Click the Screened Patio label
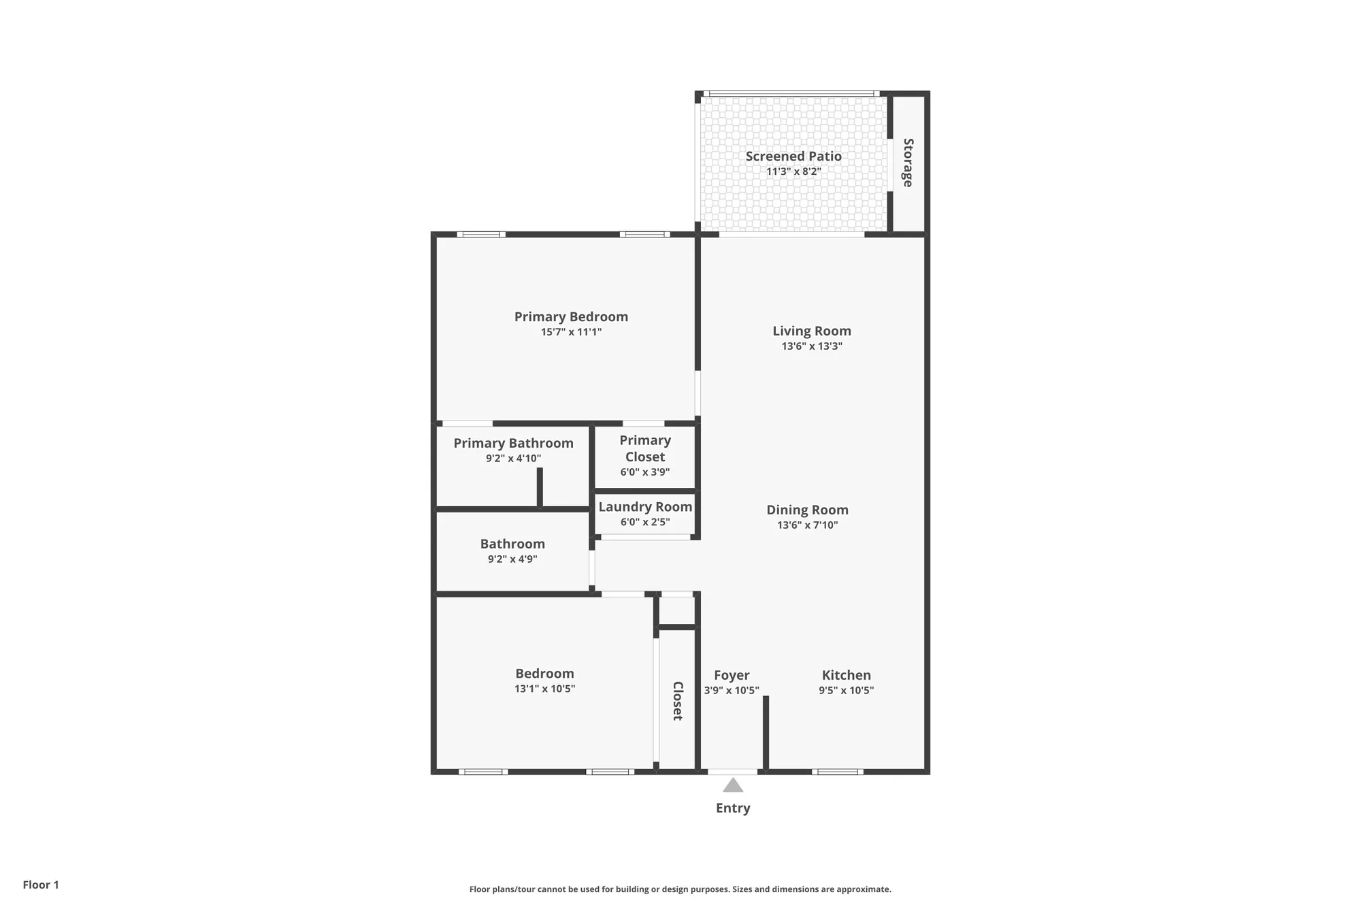click(x=793, y=156)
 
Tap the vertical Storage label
click(x=908, y=163)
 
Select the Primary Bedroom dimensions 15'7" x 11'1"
click(x=571, y=332)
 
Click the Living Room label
click(x=811, y=331)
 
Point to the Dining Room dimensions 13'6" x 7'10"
click(x=807, y=525)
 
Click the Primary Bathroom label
click(x=513, y=443)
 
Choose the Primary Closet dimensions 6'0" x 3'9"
click(x=644, y=472)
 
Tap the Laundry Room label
click(x=645, y=507)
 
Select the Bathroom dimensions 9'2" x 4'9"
click(x=512, y=559)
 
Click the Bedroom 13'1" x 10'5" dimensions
click(x=544, y=689)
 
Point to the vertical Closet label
click(x=678, y=701)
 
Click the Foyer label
click(x=732, y=675)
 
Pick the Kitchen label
click(x=846, y=675)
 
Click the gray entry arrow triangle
click(x=733, y=786)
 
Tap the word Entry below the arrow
click(x=733, y=808)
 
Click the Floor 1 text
click(x=41, y=885)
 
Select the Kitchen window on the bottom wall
click(x=838, y=772)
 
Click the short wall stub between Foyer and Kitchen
click(x=766, y=733)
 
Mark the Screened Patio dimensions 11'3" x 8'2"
click(x=793, y=171)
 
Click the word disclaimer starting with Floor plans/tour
click(x=680, y=889)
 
